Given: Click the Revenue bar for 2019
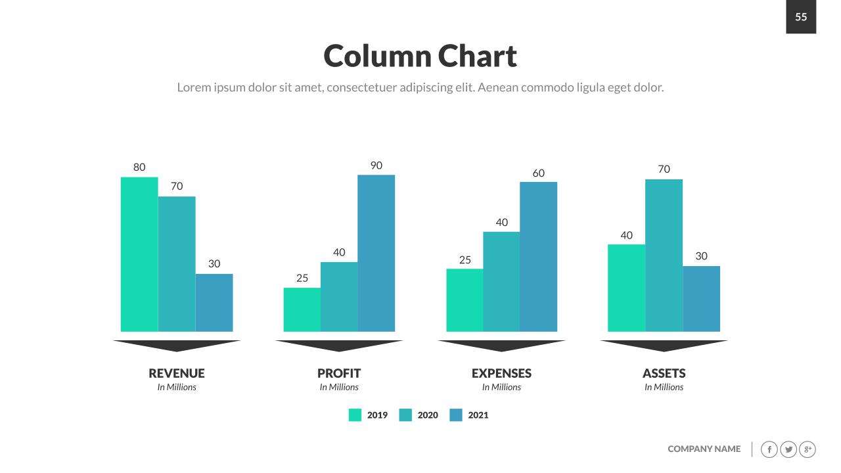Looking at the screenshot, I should click(x=139, y=254).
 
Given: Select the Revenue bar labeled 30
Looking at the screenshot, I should click(x=214, y=302).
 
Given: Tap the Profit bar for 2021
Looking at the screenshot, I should click(x=376, y=253).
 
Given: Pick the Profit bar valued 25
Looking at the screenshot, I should click(x=302, y=309).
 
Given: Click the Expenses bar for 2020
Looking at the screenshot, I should click(x=501, y=281).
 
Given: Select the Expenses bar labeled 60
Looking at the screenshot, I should click(x=538, y=256).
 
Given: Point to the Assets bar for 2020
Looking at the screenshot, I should click(x=664, y=255).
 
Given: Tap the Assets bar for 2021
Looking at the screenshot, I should click(x=701, y=298).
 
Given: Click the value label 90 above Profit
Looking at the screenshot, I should click(x=376, y=166).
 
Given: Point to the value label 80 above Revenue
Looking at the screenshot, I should click(x=139, y=168).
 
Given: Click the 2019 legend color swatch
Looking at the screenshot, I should click(x=355, y=415).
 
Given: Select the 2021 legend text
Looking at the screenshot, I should click(x=478, y=415).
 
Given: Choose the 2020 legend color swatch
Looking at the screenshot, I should click(x=405, y=415).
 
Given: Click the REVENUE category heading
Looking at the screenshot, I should click(x=177, y=373).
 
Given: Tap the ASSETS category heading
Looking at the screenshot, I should click(x=664, y=373).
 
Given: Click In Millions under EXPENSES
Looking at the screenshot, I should click(x=501, y=388).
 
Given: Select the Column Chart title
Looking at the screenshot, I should click(x=420, y=56).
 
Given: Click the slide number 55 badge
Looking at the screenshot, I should click(x=801, y=17).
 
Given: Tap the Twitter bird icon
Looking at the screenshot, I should click(x=788, y=449).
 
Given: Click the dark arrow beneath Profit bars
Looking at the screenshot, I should click(x=339, y=345).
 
